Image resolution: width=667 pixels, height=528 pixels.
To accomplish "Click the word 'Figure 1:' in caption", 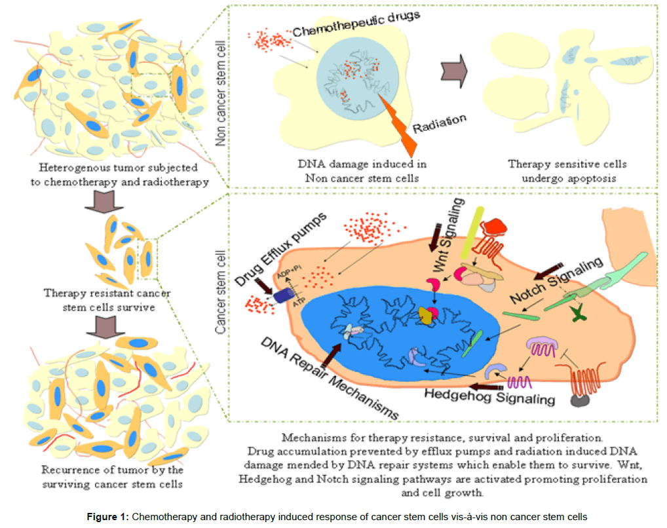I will coord(107,517).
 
